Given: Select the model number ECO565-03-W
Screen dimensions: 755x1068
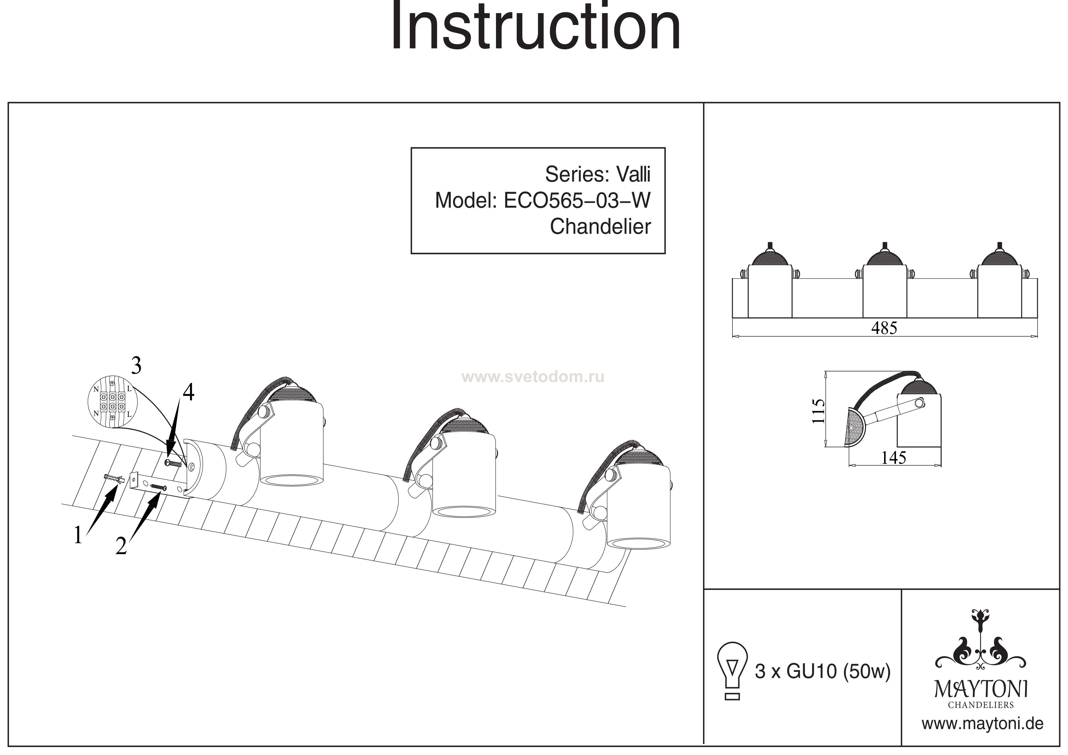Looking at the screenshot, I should click(x=577, y=201).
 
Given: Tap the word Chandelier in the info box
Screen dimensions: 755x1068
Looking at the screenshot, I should click(x=600, y=227).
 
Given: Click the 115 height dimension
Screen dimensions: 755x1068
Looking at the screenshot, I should click(x=818, y=410).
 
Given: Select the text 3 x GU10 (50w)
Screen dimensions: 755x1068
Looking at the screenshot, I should click(x=822, y=671).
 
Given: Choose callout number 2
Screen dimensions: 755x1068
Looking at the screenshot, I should click(x=121, y=546).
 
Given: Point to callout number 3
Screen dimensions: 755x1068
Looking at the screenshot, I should click(x=136, y=367).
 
